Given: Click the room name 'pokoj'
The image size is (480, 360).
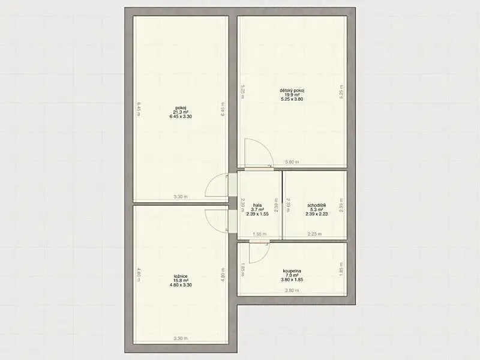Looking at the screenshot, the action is click(x=181, y=107).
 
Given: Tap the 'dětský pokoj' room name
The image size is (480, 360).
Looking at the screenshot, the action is click(x=292, y=91).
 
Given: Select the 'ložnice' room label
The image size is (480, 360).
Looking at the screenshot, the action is click(x=181, y=276).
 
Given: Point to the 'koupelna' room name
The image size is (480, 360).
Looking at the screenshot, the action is click(x=292, y=271).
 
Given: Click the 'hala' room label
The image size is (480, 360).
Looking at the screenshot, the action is click(x=257, y=205).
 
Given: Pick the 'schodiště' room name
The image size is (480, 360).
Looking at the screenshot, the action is click(x=317, y=205).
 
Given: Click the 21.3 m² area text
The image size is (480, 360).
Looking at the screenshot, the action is click(x=181, y=112).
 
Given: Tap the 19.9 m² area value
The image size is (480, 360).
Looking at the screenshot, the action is click(x=292, y=95).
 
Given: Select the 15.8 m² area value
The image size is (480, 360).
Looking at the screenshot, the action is click(x=181, y=280).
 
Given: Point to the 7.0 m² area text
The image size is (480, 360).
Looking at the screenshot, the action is click(x=292, y=275).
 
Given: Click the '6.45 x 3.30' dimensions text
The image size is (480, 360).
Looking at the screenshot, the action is click(x=181, y=116).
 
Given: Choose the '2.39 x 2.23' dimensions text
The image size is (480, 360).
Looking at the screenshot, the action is click(x=317, y=214).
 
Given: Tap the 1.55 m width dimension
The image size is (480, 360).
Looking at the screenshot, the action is click(x=260, y=234).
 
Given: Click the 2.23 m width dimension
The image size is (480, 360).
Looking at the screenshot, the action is click(x=314, y=234).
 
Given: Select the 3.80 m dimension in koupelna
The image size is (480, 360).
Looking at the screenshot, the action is click(x=292, y=290).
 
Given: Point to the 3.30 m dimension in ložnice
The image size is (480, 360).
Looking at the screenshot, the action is click(x=181, y=338).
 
